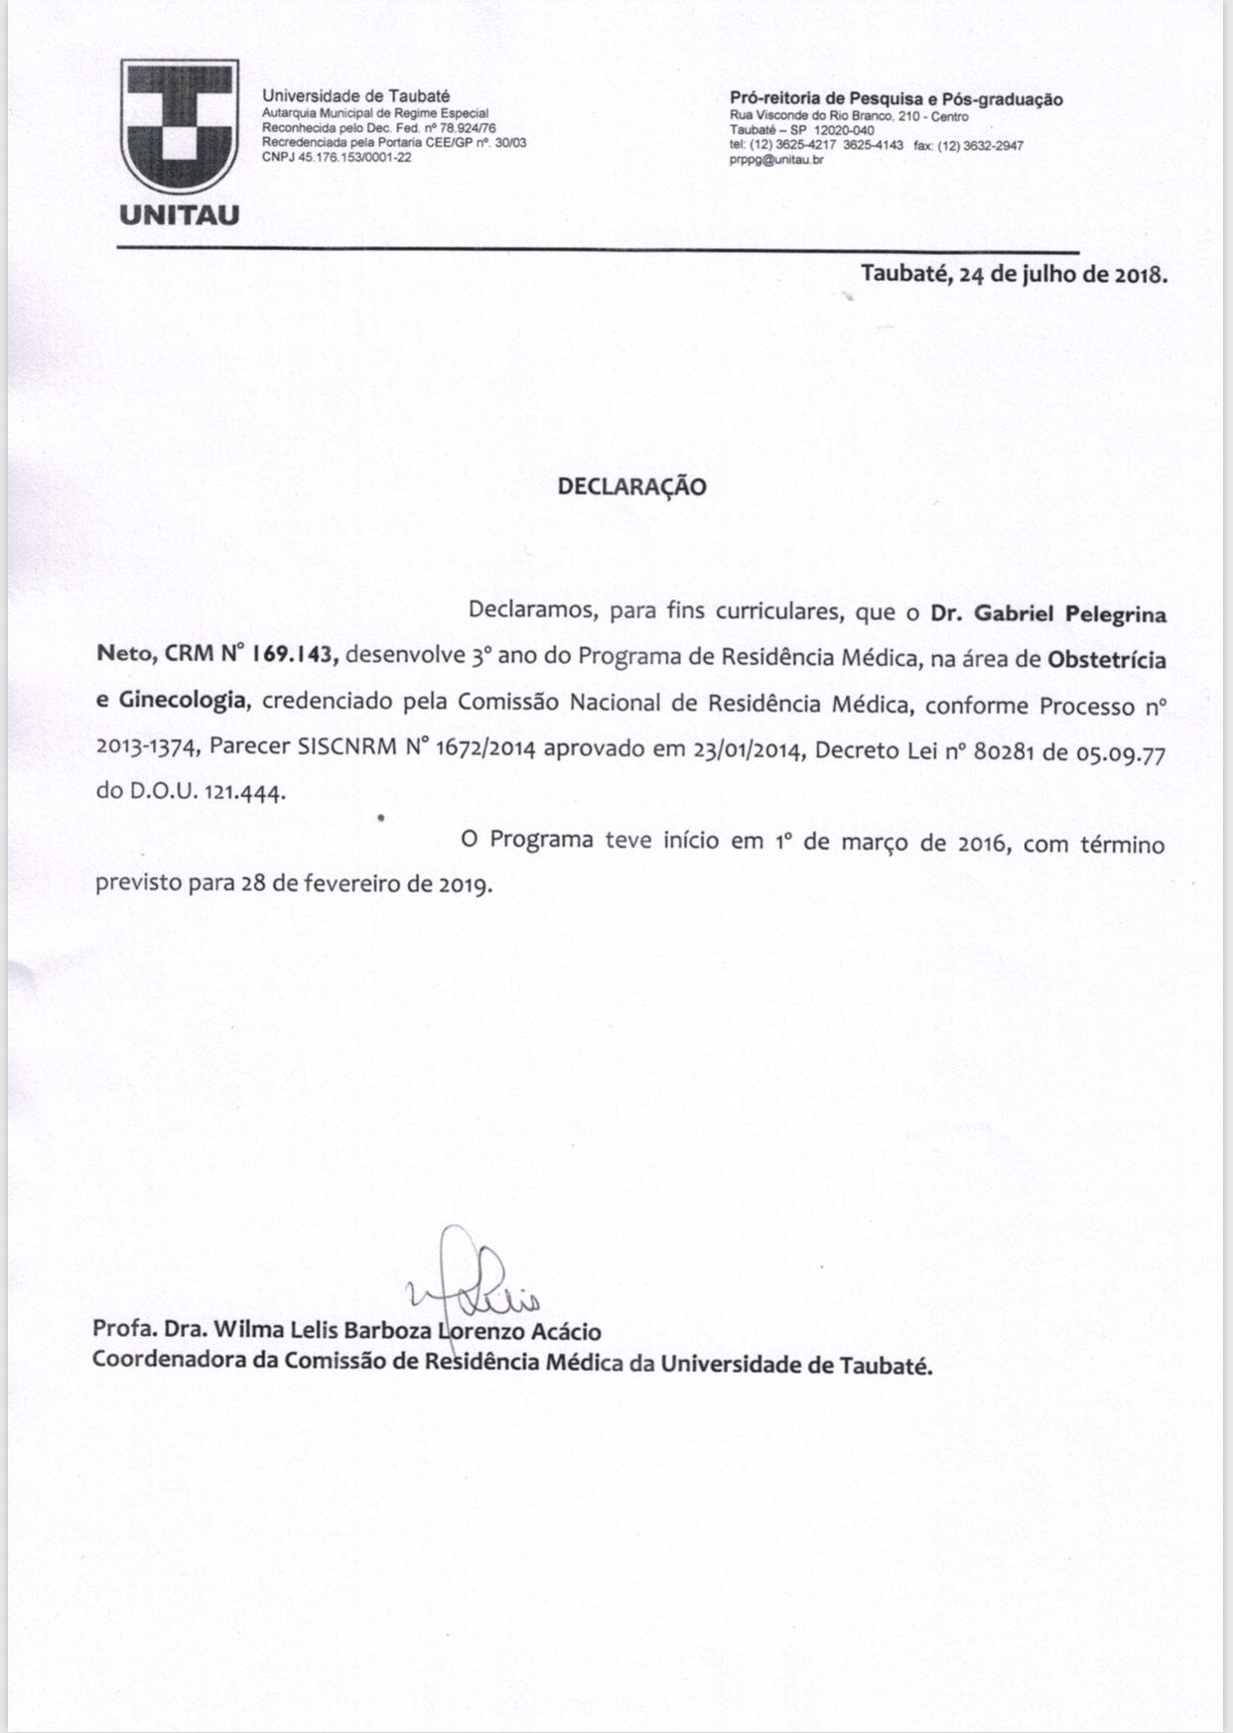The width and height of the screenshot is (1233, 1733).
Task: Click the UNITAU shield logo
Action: pos(180,126)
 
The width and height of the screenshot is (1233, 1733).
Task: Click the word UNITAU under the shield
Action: pos(180,215)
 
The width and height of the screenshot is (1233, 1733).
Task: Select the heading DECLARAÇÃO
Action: pos(631,486)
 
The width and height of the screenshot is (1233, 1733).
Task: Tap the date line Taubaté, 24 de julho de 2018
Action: pos(1014,274)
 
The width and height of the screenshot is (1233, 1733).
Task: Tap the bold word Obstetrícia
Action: pos(1107,660)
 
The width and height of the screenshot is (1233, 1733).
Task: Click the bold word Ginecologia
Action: pos(182,700)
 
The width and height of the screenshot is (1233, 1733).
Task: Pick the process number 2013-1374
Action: pos(146,749)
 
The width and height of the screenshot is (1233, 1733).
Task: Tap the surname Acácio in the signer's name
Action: pos(565,1330)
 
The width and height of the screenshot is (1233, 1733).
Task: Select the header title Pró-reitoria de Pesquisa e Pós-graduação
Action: pos(895,99)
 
